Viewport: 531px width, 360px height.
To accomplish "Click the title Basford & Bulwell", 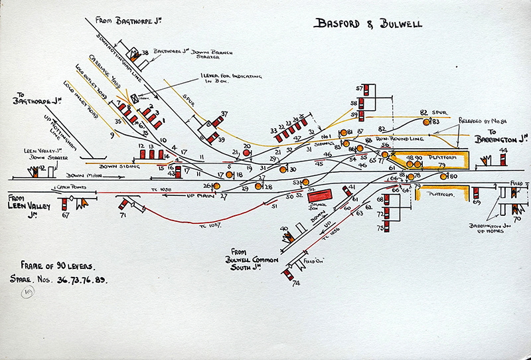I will pyautogui.click(x=367, y=25).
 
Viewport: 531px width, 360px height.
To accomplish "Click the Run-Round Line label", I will pyautogui.click(x=396, y=138).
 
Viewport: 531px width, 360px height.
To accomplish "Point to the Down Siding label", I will pyautogui.click(x=117, y=166).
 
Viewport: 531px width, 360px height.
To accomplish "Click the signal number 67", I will pyautogui.click(x=65, y=215).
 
